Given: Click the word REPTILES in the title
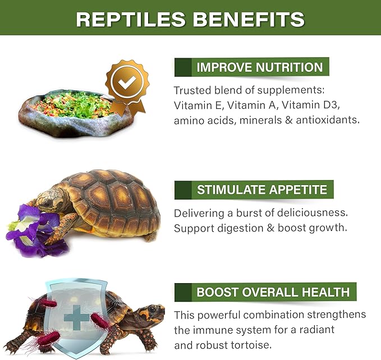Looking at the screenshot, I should (131, 19).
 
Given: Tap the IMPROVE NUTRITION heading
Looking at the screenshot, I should (259, 68).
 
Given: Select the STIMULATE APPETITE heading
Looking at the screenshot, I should (261, 190).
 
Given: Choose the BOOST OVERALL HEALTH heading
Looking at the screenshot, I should (273, 292).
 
